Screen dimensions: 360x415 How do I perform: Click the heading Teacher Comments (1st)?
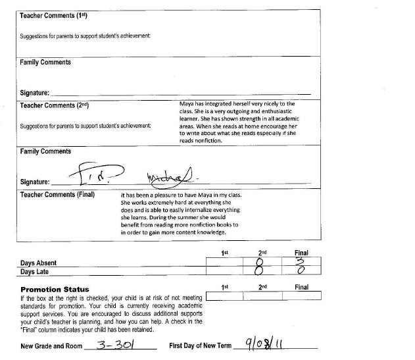(x=50, y=14)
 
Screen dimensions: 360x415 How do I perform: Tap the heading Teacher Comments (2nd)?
(x=55, y=105)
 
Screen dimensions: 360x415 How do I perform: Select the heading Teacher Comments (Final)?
(x=57, y=195)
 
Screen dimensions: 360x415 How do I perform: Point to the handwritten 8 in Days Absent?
(x=260, y=262)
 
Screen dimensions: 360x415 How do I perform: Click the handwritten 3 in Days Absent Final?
(x=300, y=261)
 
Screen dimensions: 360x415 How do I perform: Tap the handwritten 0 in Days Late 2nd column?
(x=260, y=271)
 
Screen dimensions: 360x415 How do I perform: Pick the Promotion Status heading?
(x=55, y=289)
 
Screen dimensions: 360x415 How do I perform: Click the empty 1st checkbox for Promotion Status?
(x=224, y=296)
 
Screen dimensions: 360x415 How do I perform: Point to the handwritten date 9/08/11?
(x=262, y=344)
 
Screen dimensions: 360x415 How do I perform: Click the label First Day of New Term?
(x=200, y=346)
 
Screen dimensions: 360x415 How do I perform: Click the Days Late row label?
(x=36, y=271)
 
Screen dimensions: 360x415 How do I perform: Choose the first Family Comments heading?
(x=45, y=63)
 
